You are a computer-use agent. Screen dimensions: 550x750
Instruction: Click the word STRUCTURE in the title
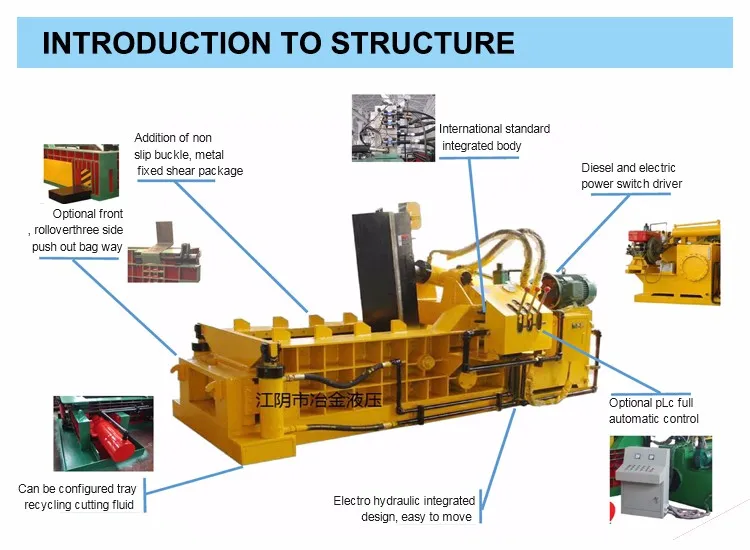click(422, 43)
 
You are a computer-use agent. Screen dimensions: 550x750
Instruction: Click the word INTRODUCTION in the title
click(154, 43)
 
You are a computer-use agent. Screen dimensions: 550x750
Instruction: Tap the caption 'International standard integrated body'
click(494, 137)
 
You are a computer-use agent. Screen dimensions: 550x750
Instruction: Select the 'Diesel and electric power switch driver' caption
click(631, 175)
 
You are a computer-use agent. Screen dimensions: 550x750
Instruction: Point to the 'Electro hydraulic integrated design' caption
click(404, 508)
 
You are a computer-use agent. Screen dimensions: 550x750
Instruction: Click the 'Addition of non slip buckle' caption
click(188, 154)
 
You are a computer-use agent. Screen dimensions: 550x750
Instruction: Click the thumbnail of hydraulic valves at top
click(394, 127)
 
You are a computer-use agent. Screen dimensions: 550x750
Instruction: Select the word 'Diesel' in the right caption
click(599, 168)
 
